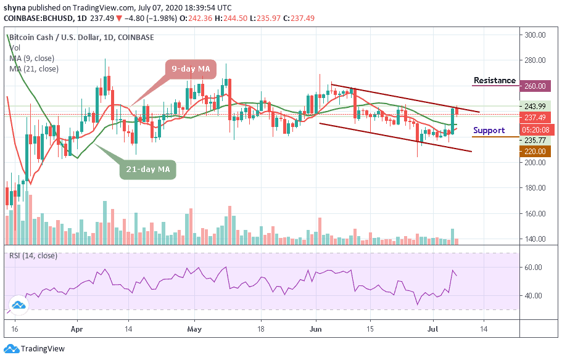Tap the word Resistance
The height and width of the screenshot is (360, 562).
point(495,81)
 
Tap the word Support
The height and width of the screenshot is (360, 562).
point(489,131)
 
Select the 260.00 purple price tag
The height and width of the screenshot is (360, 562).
point(534,86)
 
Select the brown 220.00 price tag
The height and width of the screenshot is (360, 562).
point(534,150)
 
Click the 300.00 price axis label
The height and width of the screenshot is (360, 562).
point(534,35)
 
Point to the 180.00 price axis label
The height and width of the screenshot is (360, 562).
point(534,189)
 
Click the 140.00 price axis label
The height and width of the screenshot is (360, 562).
point(534,239)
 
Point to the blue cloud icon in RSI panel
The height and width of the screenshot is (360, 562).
point(20,304)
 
